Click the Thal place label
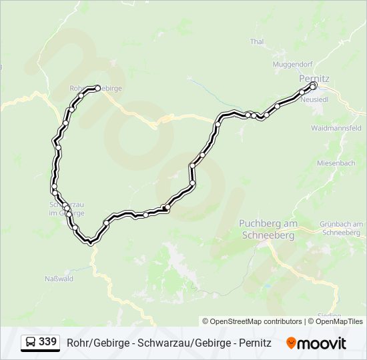click(257, 41)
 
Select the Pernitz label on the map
click(314, 78)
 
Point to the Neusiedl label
click(316, 99)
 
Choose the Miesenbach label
click(335, 163)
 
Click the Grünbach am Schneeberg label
click(341, 228)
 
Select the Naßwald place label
click(59, 279)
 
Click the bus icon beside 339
click(31, 342)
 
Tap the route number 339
click(47, 342)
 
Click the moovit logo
click(316, 343)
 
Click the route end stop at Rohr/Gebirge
click(98, 87)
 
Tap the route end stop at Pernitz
click(313, 85)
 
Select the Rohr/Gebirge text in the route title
click(95, 343)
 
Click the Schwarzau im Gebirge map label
click(67, 209)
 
